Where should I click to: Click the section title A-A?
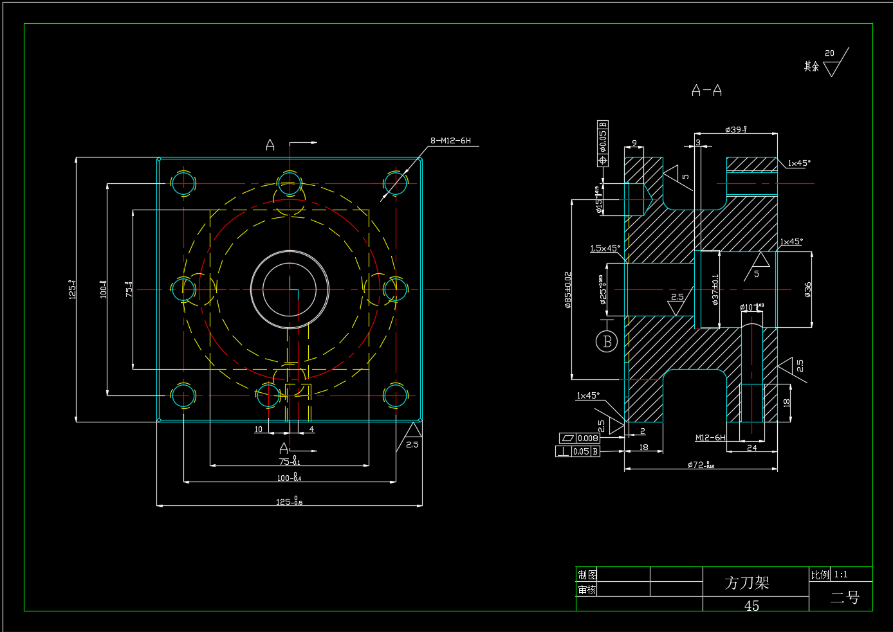(x=706, y=91)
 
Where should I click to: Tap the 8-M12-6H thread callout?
(x=450, y=141)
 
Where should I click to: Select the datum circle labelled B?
(x=607, y=341)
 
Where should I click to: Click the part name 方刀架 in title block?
(x=747, y=582)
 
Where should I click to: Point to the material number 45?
(x=751, y=606)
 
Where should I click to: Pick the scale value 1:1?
(x=841, y=575)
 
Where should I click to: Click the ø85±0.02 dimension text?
(x=567, y=289)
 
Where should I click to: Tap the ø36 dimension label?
(x=808, y=289)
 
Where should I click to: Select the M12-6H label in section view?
(x=710, y=438)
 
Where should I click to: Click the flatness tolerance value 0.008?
(x=587, y=438)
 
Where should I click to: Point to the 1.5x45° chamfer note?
(x=605, y=248)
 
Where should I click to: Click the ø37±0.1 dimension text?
(x=715, y=289)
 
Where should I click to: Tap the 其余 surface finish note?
(x=811, y=66)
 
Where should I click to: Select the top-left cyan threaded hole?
(x=183, y=183)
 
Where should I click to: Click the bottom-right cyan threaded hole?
(x=396, y=395)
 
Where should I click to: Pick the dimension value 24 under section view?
(x=751, y=448)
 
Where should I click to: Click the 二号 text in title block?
(x=844, y=597)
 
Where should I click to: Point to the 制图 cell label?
(x=587, y=575)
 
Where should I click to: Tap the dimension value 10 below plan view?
(x=259, y=429)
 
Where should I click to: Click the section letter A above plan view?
(x=270, y=145)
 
